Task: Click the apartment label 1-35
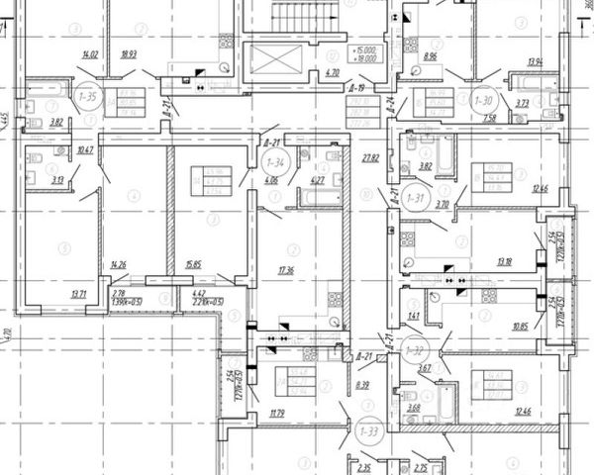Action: coord(86,99)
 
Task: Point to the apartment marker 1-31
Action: coord(418,199)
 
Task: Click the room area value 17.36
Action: coord(288,269)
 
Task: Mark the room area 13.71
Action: coord(78,294)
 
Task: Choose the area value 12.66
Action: coord(540,188)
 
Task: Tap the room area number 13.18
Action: coord(505,261)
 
